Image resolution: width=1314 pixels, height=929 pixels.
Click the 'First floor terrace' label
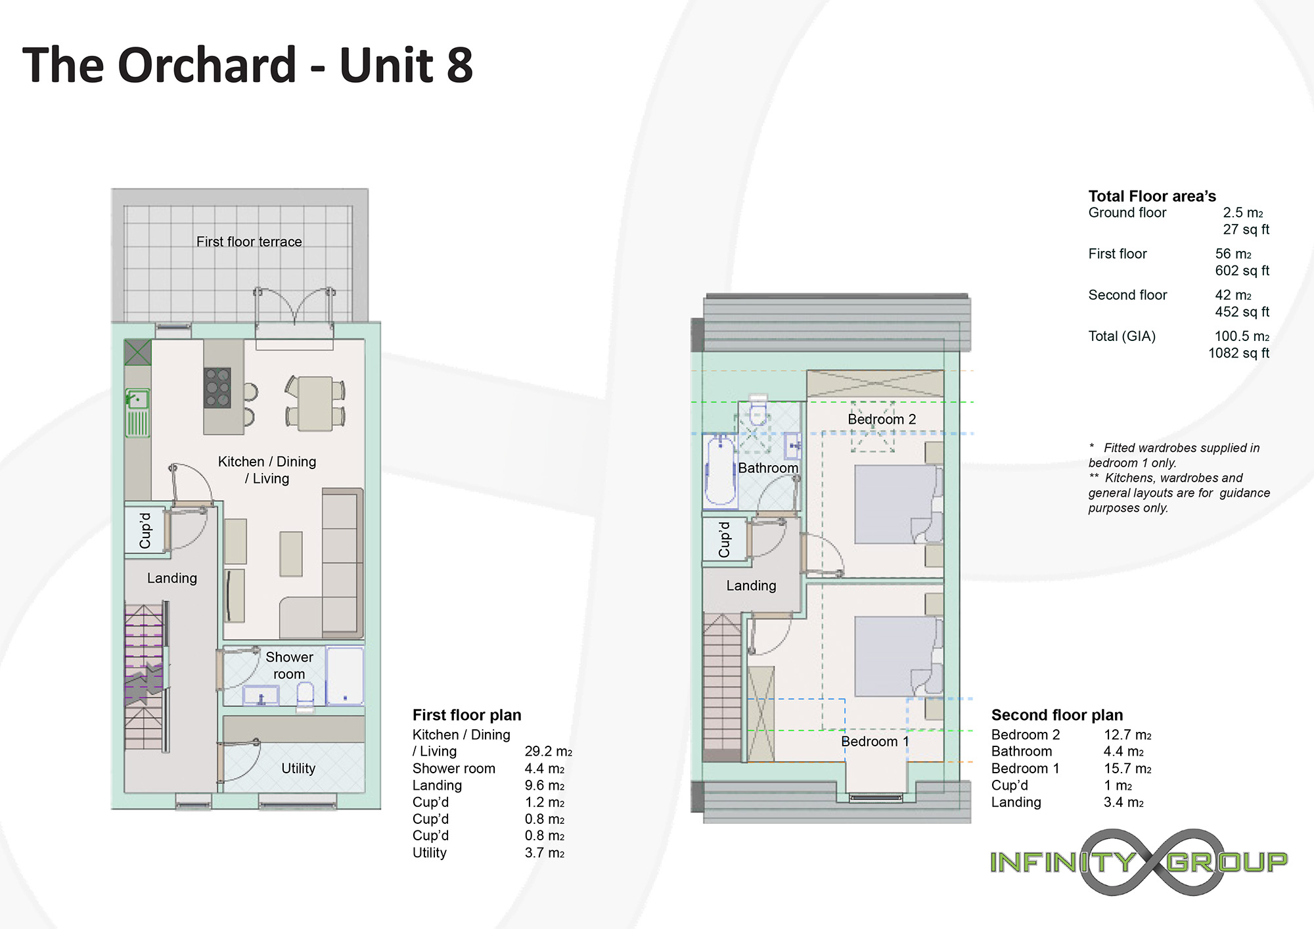[x=249, y=242]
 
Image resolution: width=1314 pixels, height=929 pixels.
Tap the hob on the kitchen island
[x=217, y=388]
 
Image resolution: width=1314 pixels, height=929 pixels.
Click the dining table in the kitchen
[x=315, y=403]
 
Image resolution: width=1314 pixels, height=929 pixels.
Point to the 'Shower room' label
[x=289, y=666]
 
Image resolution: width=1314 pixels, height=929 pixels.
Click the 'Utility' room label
[x=298, y=769]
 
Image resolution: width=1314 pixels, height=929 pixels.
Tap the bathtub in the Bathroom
[x=721, y=470]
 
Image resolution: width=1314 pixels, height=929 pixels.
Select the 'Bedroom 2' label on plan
[x=882, y=419]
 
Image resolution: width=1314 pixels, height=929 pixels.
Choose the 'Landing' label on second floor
[x=751, y=585]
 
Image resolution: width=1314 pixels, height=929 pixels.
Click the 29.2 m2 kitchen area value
[x=548, y=752]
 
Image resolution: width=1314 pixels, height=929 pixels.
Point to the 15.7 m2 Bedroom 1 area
[x=1127, y=769]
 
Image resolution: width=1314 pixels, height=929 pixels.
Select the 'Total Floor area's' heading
[x=1152, y=196]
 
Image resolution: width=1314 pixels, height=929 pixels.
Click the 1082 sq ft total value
[x=1238, y=353]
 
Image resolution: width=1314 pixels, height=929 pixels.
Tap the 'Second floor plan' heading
[x=1057, y=715]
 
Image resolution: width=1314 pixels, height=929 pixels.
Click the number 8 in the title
[x=459, y=65]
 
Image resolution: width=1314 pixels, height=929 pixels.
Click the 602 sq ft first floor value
[x=1242, y=271]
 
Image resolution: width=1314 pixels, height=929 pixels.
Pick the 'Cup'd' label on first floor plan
[x=145, y=531]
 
